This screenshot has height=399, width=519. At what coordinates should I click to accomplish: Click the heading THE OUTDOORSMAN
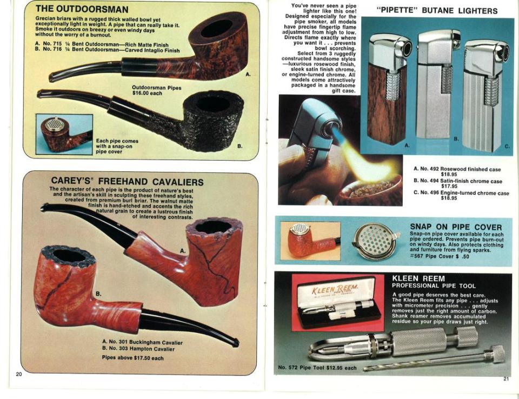[x=82, y=9]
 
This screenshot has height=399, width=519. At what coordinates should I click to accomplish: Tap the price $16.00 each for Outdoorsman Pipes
[x=147, y=94]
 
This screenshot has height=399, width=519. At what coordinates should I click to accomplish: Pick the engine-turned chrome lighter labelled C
[x=485, y=97]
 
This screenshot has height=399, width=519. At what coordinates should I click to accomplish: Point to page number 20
[x=18, y=374]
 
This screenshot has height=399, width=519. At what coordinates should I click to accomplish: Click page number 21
[x=506, y=379]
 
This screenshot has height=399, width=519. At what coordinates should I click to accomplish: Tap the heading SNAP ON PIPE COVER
[x=456, y=227]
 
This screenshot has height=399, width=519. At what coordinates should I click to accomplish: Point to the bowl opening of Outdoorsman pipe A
[x=216, y=29]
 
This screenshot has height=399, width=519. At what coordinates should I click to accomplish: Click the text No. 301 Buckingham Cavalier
[x=142, y=342]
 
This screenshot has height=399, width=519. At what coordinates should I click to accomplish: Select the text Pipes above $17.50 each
[x=133, y=358]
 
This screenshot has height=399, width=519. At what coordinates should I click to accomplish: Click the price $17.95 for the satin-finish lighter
[x=449, y=186]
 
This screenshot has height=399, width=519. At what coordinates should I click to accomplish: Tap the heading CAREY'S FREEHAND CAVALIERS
[x=127, y=181]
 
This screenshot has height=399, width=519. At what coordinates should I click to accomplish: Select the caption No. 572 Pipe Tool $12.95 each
[x=317, y=368]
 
